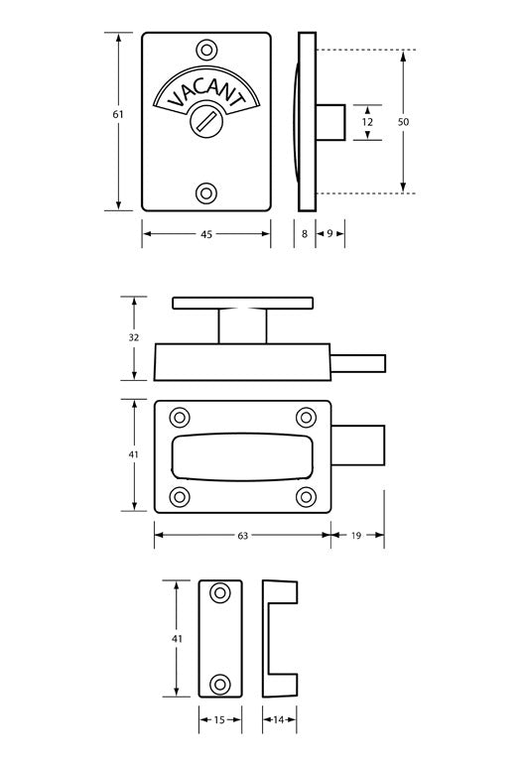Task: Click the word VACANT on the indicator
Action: coord(205,92)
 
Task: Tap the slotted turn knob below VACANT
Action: coord(206,123)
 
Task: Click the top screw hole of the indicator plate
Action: coord(206,50)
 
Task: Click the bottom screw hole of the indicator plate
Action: coord(206,192)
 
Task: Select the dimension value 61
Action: coord(118,115)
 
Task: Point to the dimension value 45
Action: coord(206,234)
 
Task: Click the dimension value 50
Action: coord(403,121)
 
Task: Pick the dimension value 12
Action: coord(367,121)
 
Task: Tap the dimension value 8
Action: coord(304,234)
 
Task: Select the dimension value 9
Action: coord(330,234)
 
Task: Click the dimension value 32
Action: coord(133,337)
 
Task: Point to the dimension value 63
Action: coord(241,535)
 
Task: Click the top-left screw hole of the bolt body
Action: coord(180,417)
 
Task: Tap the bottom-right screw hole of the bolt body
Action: coord(304,495)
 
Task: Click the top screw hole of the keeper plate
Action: coord(220,593)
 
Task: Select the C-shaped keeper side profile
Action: coord(270,639)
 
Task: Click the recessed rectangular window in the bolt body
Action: coord(241,455)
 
